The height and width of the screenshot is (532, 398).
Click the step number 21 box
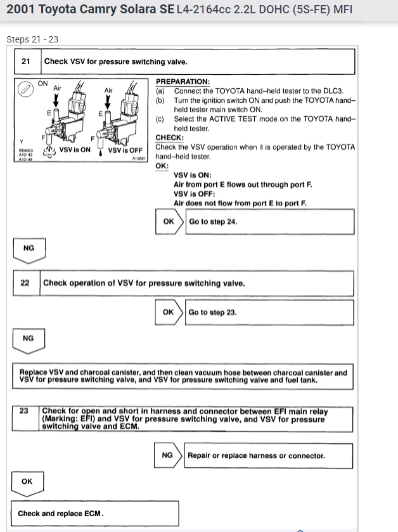pyautogui.click(x=26, y=62)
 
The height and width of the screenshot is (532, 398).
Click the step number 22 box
pyautogui.click(x=25, y=283)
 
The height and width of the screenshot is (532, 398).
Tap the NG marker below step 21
pyautogui.click(x=29, y=248)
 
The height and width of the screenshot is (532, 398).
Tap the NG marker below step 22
pyautogui.click(x=28, y=339)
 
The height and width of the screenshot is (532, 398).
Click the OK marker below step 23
pyautogui.click(x=27, y=481)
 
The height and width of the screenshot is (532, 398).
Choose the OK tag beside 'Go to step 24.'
pyautogui.click(x=169, y=222)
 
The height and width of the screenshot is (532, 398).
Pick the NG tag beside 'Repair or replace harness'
pyautogui.click(x=167, y=455)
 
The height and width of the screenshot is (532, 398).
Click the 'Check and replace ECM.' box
pyautogui.click(x=61, y=513)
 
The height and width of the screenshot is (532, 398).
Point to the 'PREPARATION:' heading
pyautogui.click(x=183, y=82)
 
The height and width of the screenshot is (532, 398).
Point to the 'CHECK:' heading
pyautogui.click(x=169, y=138)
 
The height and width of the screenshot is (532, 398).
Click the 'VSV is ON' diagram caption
pyautogui.click(x=75, y=150)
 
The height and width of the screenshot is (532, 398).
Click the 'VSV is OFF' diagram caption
pyautogui.click(x=125, y=150)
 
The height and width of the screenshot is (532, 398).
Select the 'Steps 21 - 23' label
pyautogui.click(x=32, y=39)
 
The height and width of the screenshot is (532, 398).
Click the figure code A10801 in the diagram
pyautogui.click(x=139, y=159)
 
